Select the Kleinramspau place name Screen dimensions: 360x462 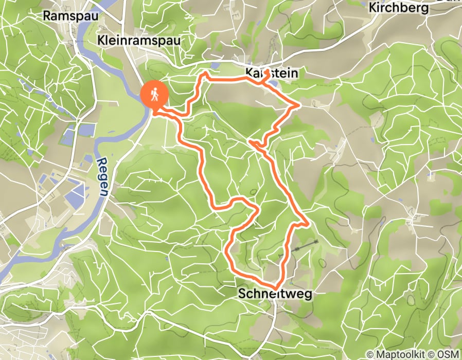tap(139, 40)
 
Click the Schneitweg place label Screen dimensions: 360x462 tap(275, 293)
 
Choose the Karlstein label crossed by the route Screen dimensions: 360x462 tap(271, 74)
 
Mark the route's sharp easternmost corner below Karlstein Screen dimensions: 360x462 tap(299, 105)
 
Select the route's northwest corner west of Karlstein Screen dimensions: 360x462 tap(205, 74)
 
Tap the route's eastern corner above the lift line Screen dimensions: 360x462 tap(308, 224)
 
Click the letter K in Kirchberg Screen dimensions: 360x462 tap(374, 9)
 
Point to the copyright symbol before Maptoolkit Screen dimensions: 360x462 tap(370, 354)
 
